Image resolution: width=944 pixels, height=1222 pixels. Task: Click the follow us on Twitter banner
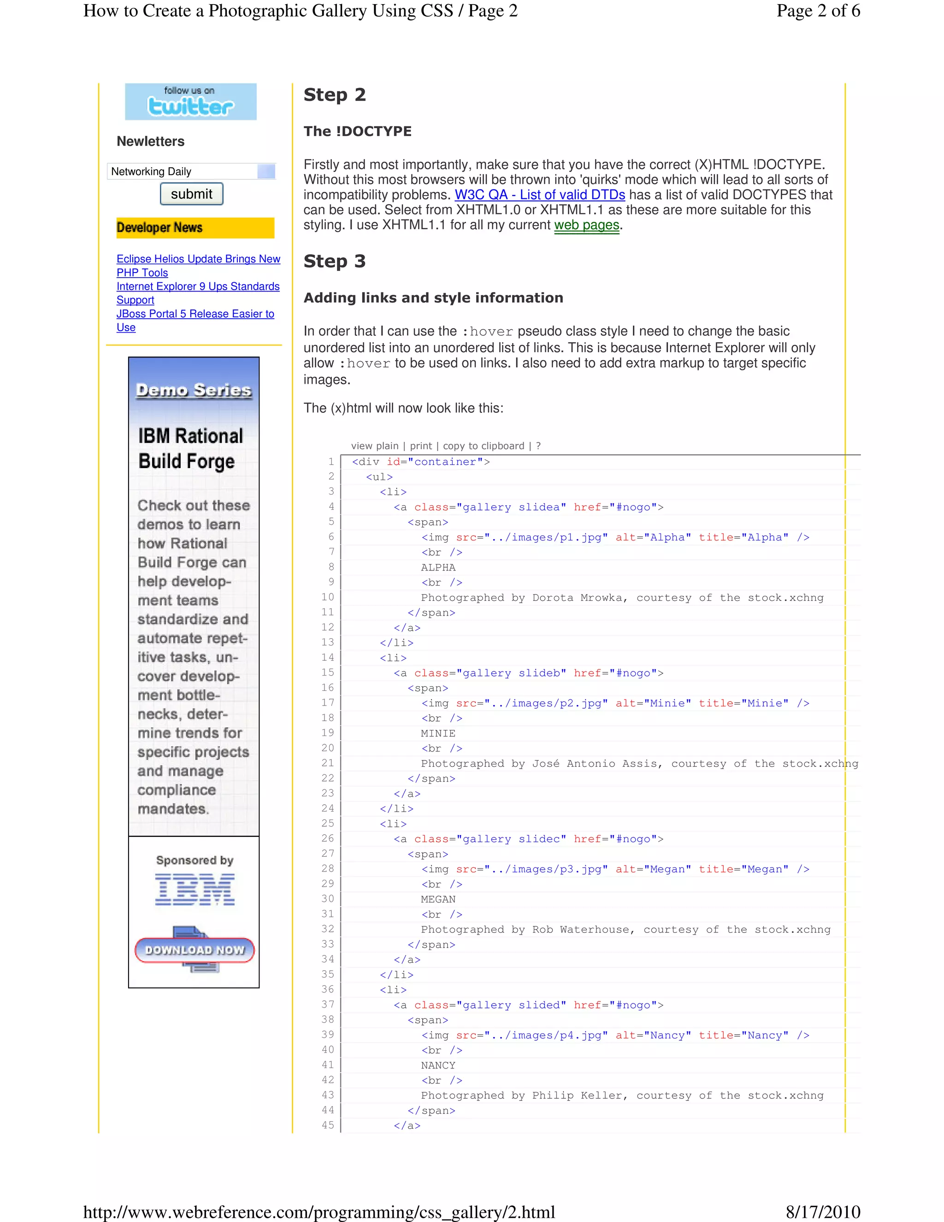pyautogui.click(x=190, y=101)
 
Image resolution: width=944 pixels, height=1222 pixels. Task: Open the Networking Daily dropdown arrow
pyautogui.click(x=266, y=171)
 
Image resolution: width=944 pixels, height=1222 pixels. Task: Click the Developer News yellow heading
pyautogui.click(x=195, y=228)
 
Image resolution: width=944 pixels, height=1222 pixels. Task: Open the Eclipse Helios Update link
pyautogui.click(x=198, y=259)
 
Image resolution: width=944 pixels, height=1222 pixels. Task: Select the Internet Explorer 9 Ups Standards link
pyautogui.click(x=197, y=286)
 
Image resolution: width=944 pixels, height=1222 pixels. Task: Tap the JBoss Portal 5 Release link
pyautogui.click(x=195, y=314)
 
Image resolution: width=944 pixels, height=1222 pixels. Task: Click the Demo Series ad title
pyautogui.click(x=194, y=390)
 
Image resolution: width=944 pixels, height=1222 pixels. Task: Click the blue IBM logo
pyautogui.click(x=195, y=889)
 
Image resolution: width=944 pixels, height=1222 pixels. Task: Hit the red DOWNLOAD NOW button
pyautogui.click(x=194, y=950)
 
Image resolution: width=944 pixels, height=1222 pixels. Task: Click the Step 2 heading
pyautogui.click(x=335, y=95)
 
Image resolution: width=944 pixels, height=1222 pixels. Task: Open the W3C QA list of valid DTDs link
pyautogui.click(x=539, y=195)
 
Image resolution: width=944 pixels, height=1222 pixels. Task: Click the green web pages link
pyautogui.click(x=586, y=225)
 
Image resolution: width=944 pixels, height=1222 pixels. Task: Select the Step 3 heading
pyautogui.click(x=335, y=261)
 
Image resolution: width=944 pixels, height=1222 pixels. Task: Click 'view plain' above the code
pyautogui.click(x=374, y=446)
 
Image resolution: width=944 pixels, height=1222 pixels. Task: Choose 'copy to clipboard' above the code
pyautogui.click(x=483, y=446)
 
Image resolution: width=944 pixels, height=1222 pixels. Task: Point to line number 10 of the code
pyautogui.click(x=327, y=597)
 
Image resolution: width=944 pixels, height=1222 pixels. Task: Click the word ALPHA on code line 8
pyautogui.click(x=438, y=567)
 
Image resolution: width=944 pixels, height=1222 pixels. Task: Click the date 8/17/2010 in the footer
pyautogui.click(x=823, y=1212)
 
